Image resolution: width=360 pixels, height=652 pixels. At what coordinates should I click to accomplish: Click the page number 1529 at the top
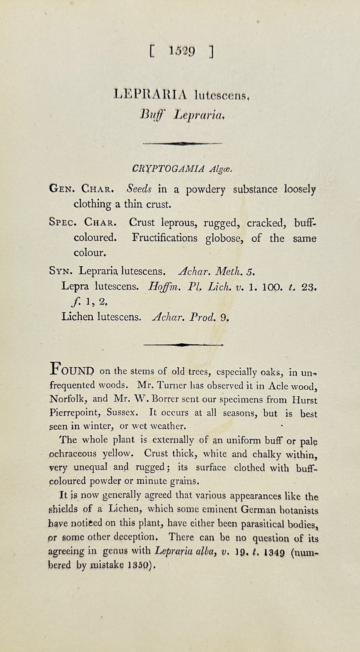pos(182,52)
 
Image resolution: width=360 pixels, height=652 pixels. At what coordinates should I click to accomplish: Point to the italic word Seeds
pos(139,189)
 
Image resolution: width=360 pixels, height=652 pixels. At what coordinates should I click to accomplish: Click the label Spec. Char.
pos(85,223)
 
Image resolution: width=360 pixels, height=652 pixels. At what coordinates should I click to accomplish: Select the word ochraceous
pos(77,454)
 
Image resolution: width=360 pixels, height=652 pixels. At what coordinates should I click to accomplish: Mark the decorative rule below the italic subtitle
pos(182,143)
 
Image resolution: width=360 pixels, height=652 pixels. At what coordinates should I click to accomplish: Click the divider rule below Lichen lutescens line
pos(183,345)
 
